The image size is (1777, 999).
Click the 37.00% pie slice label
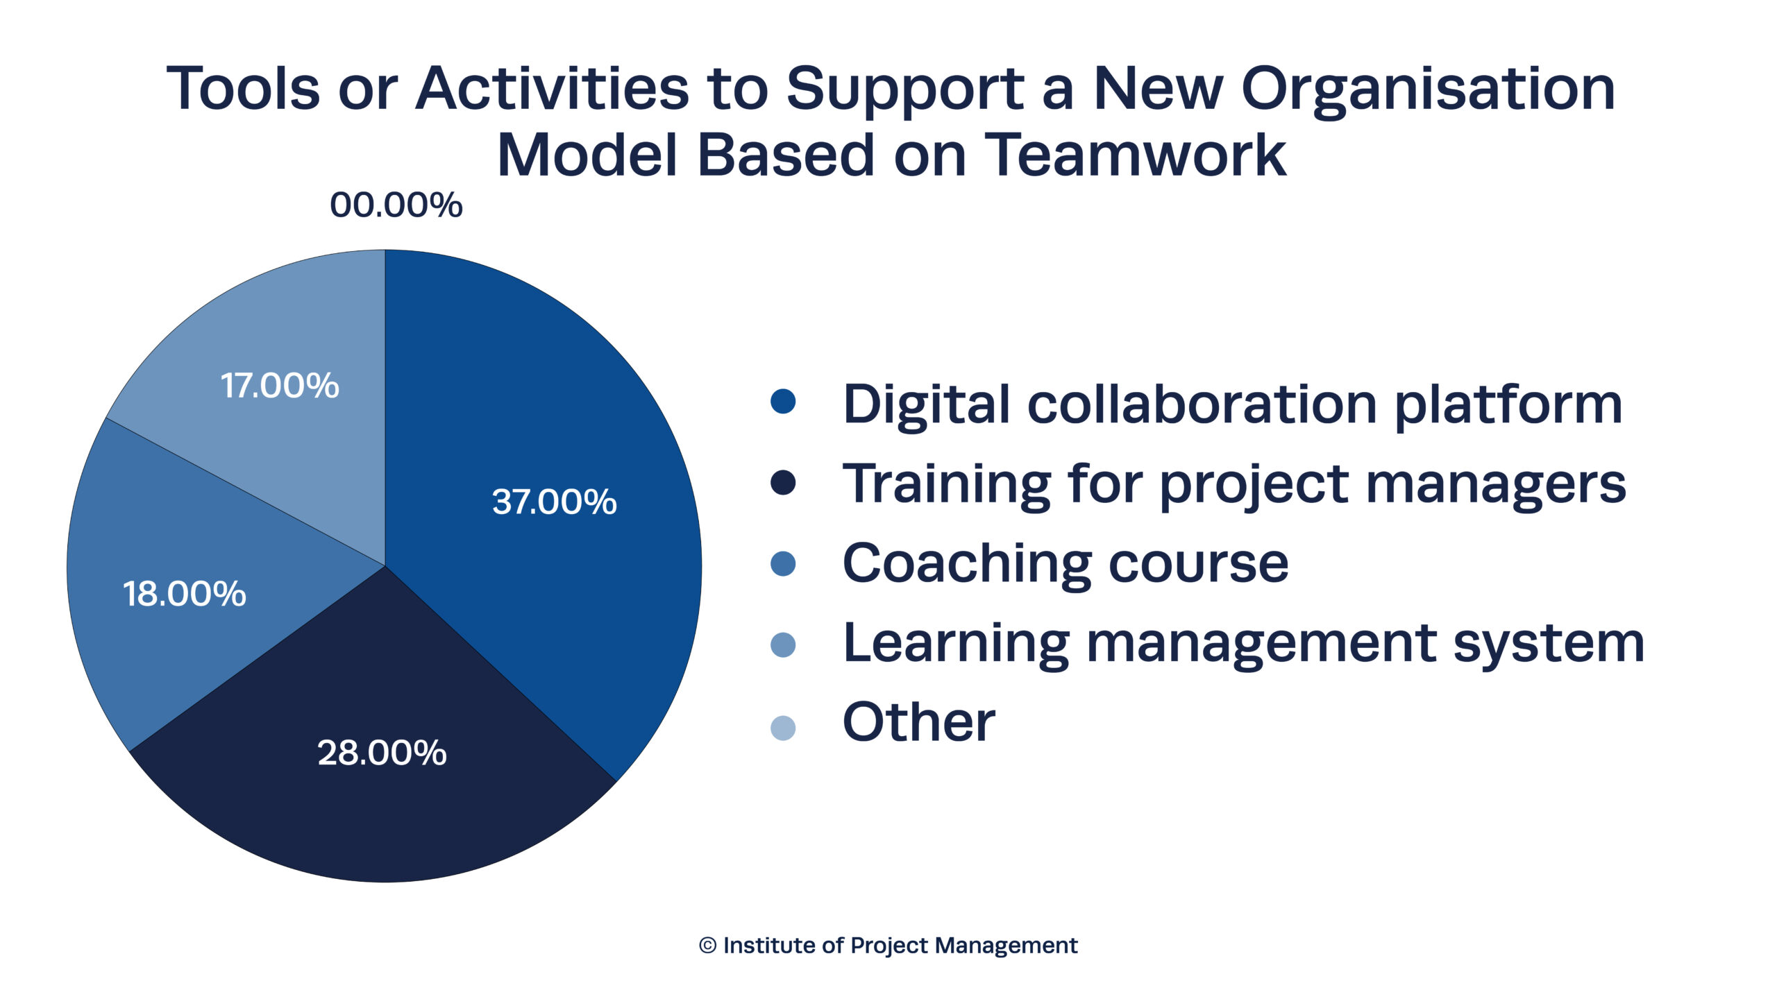click(554, 502)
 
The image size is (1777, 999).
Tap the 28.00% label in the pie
click(382, 753)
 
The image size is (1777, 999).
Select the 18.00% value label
click(184, 594)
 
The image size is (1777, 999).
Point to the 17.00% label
click(279, 386)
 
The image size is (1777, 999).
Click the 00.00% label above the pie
click(396, 205)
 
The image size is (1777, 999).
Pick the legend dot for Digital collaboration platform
click(783, 402)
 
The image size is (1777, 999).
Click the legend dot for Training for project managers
click(783, 483)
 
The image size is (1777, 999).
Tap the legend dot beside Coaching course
click(783, 563)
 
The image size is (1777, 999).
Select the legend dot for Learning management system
click(783, 644)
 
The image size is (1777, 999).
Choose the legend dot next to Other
click(783, 728)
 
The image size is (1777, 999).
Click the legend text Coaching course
click(1066, 563)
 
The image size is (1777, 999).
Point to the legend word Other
click(918, 722)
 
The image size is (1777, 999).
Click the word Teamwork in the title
click(1136, 154)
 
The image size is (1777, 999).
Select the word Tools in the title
click(243, 88)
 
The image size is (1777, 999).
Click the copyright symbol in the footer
click(707, 946)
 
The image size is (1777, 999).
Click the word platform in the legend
click(1508, 405)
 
